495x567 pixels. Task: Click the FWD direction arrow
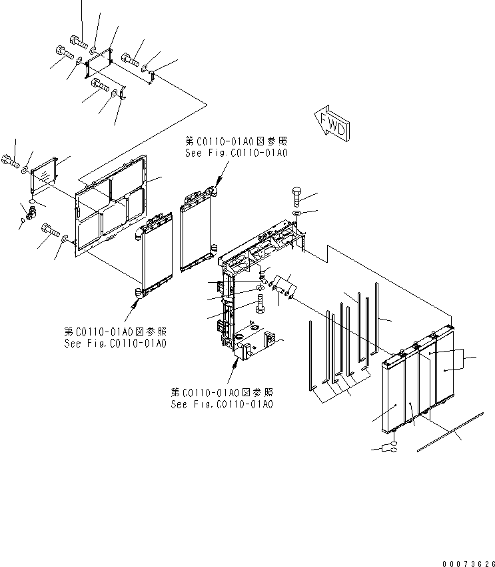coord(331,123)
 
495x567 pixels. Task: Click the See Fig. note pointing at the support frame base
coord(222,398)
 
